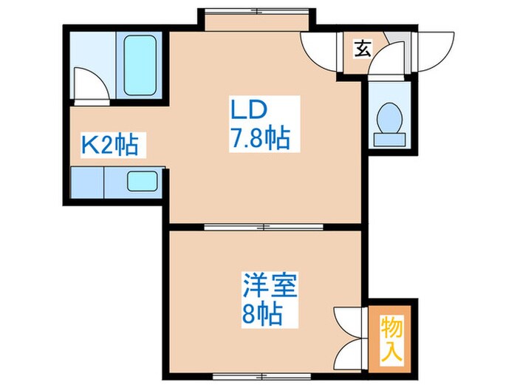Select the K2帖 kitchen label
click(x=109, y=145)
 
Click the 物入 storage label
click(x=391, y=338)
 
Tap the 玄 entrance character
click(x=362, y=50)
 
